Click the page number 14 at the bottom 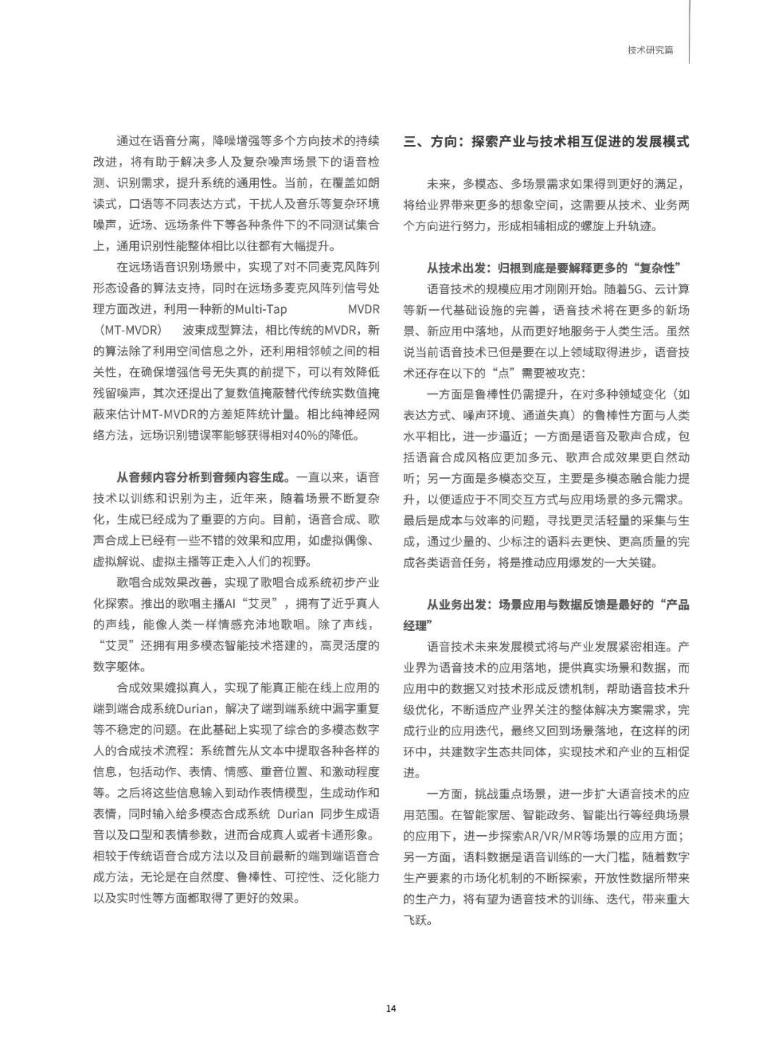point(391,1008)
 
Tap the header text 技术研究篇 point(650,51)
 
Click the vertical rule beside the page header point(689,32)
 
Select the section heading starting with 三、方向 point(547,141)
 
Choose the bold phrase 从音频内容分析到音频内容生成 point(203,477)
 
